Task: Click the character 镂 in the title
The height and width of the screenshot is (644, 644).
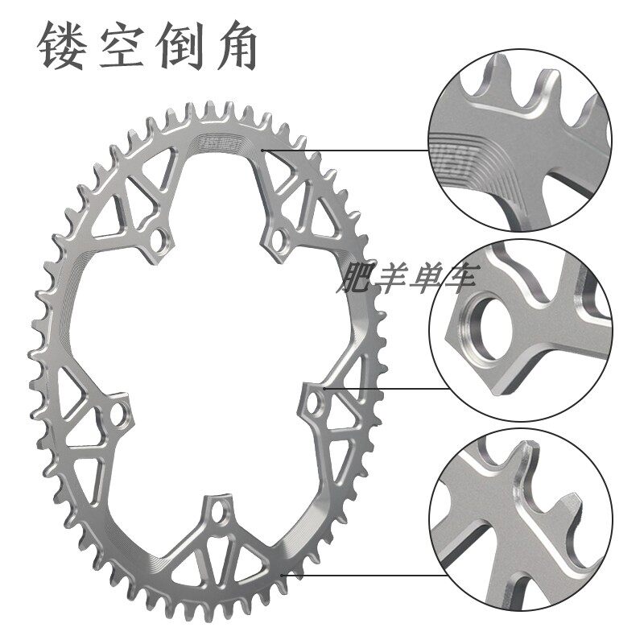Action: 64,45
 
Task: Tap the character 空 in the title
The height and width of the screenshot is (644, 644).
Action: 122,45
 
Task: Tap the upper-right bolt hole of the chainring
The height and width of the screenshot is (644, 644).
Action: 279,238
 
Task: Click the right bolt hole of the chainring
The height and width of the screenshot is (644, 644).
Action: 314,402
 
